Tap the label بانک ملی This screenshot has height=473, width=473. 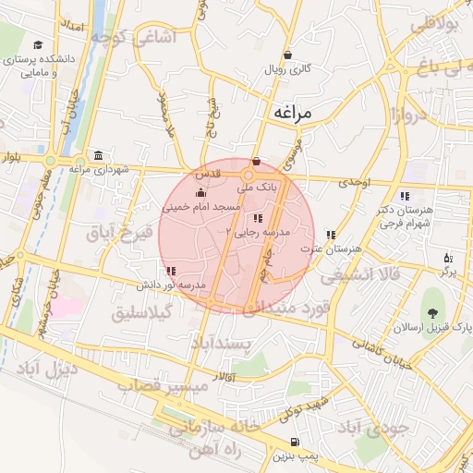(258, 187)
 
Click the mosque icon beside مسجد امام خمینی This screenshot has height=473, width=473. (202, 193)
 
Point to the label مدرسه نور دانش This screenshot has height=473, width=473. (173, 285)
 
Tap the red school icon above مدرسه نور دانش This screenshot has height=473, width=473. (173, 271)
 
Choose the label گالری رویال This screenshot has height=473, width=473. (288, 69)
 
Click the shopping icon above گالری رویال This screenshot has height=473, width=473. (288, 55)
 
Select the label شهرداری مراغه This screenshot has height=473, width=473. (98, 169)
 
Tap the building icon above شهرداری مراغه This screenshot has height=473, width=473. (98, 155)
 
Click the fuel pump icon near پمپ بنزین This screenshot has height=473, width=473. (295, 442)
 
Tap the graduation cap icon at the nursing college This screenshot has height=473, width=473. (38, 44)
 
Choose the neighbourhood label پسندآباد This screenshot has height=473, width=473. (222, 345)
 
